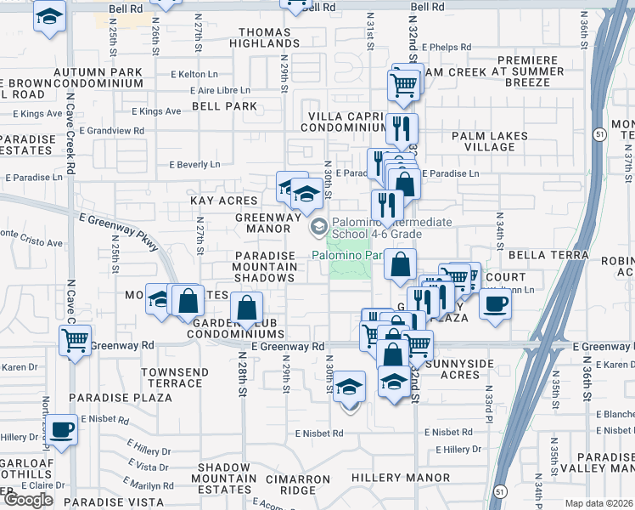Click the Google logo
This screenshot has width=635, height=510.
(28, 500)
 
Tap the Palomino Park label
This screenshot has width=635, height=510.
(350, 254)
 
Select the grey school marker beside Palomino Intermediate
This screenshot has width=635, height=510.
(319, 225)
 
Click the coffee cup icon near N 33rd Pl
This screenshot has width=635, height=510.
(496, 303)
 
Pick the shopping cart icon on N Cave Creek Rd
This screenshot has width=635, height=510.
(76, 341)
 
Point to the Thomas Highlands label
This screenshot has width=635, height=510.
(265, 37)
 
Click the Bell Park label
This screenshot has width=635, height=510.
(224, 106)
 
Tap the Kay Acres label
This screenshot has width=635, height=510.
(223, 201)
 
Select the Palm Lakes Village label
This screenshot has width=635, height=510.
(490, 141)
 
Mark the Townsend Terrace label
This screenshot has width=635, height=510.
(171, 377)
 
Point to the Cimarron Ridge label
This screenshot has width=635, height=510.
(298, 485)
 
